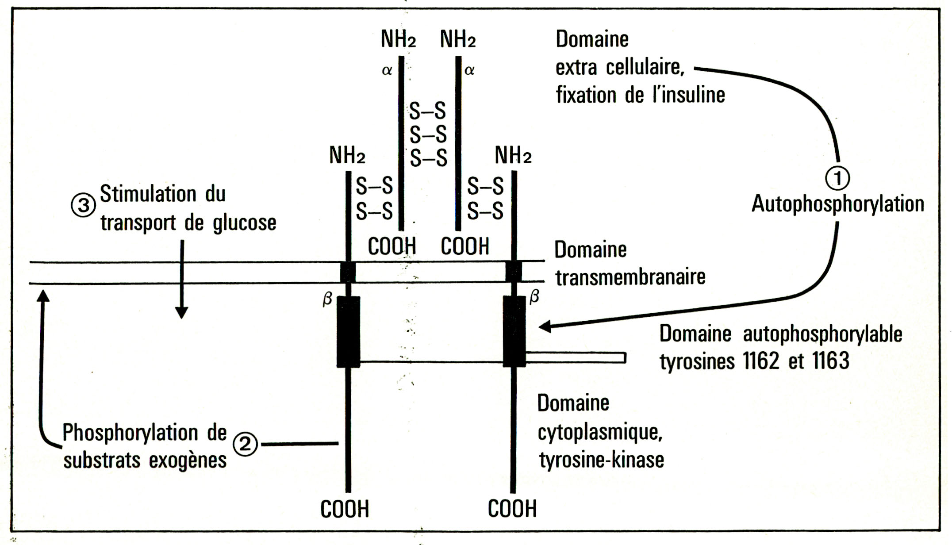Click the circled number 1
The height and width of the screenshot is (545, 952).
coord(837,178)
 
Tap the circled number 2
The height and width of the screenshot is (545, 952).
coord(246,444)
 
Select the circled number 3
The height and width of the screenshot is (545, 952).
coord(83,206)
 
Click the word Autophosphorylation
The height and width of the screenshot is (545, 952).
coord(838,204)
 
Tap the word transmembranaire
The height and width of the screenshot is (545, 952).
coord(630,277)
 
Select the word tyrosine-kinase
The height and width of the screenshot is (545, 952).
coord(602,460)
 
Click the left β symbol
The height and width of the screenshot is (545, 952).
coord(327,299)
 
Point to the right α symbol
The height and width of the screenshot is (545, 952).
coord(469,70)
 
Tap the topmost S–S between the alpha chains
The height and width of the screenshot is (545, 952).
coord(427,111)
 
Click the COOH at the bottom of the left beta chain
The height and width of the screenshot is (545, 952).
coord(345,509)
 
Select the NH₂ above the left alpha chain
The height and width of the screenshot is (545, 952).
coord(398,39)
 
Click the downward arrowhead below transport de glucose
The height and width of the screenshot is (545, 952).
coord(181,312)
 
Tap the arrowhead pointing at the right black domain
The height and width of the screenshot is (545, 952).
coord(545,326)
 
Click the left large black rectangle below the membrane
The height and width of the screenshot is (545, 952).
coord(348,332)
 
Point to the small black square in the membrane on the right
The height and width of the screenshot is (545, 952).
coord(514,272)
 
